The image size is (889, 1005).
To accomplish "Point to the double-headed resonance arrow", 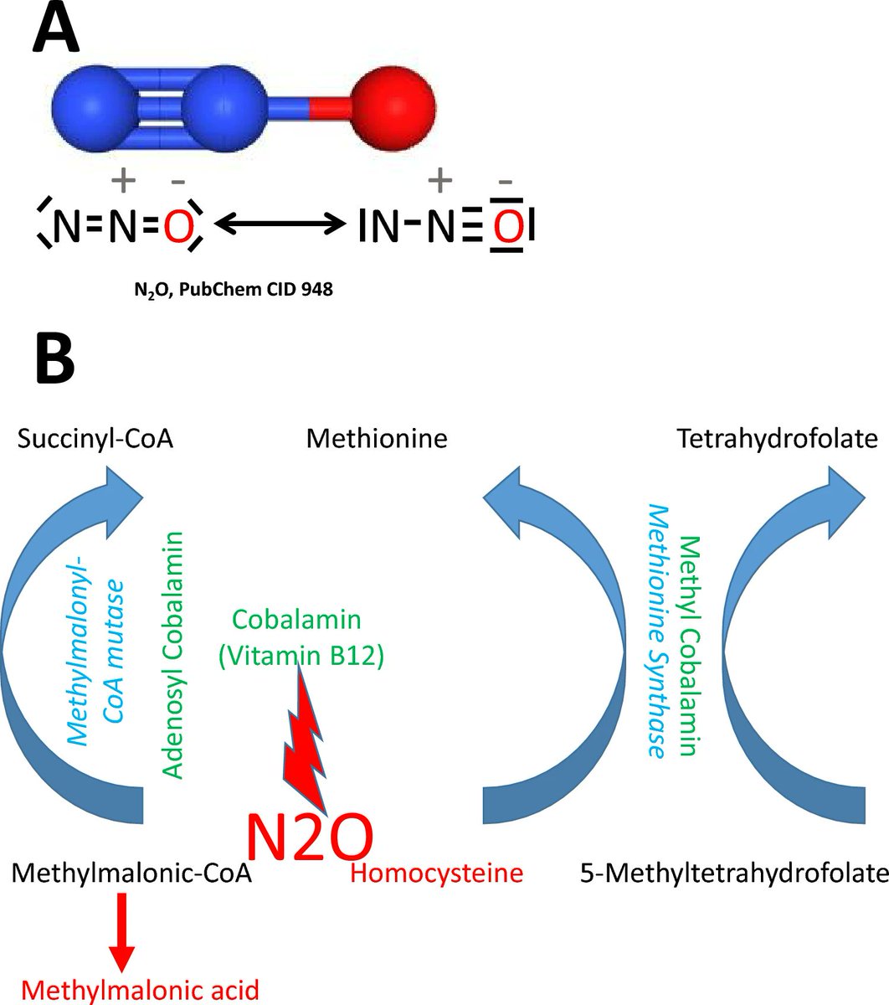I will [280, 224].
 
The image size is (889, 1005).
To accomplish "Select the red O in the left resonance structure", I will [178, 227].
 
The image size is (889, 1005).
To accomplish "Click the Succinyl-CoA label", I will [95, 439].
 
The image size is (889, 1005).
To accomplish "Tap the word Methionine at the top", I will [377, 438].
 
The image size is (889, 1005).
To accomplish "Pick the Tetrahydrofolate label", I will [779, 438].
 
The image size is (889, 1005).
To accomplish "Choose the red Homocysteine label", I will [436, 874].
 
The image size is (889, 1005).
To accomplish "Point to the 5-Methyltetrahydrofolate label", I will [733, 874].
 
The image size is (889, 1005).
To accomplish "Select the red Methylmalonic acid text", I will [141, 989].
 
